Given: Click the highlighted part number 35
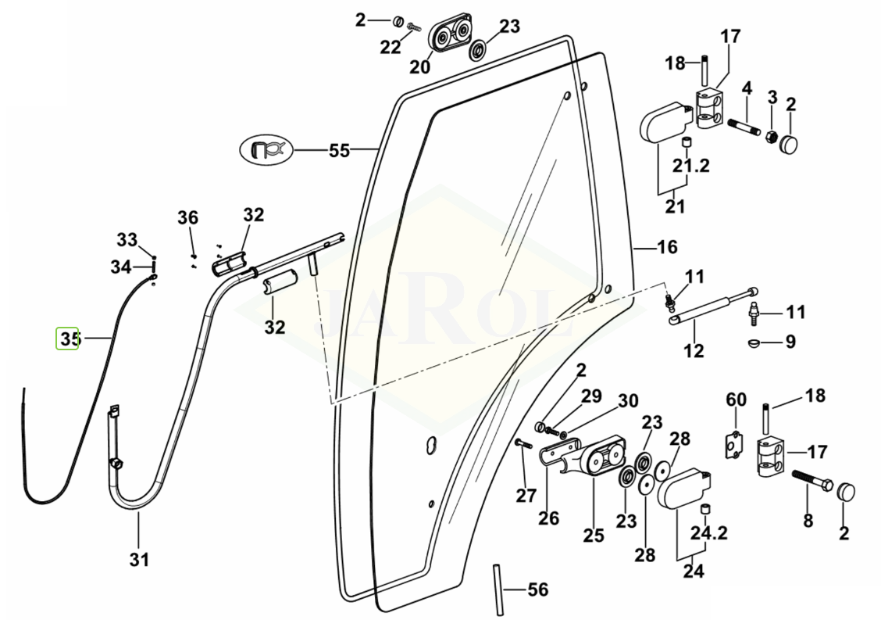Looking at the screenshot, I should click(x=68, y=339).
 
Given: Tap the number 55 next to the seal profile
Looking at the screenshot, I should click(x=339, y=150).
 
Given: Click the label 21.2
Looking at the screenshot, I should click(x=691, y=167).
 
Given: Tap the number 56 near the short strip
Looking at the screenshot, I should click(x=538, y=590).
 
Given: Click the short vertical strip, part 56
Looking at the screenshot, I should click(x=497, y=590).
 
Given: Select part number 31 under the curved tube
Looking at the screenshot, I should click(x=139, y=560).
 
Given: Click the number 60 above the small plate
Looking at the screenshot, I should click(x=736, y=400).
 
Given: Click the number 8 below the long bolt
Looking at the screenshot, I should click(x=808, y=519).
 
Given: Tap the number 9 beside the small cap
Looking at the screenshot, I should click(x=790, y=342).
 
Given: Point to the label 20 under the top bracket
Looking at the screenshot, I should click(x=419, y=67).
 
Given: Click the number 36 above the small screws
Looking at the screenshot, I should click(x=187, y=217).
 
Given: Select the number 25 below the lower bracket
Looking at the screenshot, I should click(x=594, y=536).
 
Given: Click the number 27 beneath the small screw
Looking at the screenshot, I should click(x=526, y=494).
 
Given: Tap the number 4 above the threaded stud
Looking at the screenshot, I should click(x=747, y=88).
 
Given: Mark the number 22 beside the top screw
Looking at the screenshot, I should click(x=391, y=47).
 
